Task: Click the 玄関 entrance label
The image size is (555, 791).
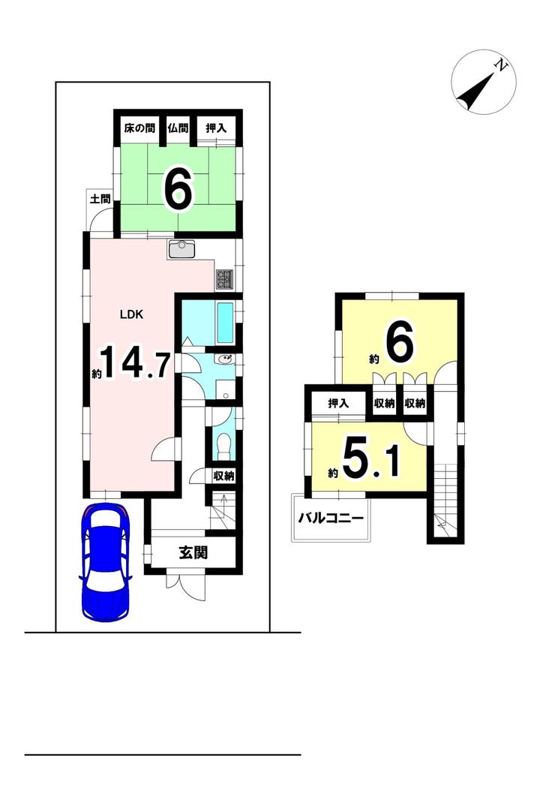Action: tap(193, 553)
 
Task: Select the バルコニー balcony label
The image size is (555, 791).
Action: tap(331, 518)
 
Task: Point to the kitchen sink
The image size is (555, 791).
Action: tap(182, 249)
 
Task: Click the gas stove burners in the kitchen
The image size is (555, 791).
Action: tap(225, 279)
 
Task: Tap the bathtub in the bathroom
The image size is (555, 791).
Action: tap(224, 321)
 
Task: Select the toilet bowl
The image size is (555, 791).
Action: tap(222, 445)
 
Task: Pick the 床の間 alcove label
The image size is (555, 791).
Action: tap(139, 128)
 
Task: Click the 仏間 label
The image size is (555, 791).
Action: tap(178, 128)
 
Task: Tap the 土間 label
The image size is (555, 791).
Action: tap(100, 199)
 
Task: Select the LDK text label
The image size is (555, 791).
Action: tap(131, 314)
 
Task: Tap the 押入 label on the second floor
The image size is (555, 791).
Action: tap(338, 404)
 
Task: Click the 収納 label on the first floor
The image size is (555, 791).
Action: tap(223, 476)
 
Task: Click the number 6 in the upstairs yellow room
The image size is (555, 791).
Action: tap(400, 344)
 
